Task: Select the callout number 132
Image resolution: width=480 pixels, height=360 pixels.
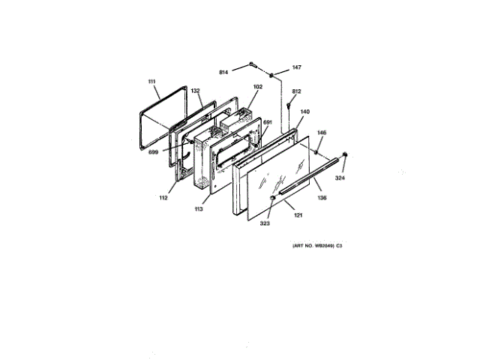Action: [x=196, y=91]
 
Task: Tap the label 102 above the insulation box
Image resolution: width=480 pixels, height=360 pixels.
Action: [x=257, y=86]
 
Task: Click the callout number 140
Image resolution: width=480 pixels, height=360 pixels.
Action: [x=304, y=112]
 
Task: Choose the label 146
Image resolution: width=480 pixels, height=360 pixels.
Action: [x=322, y=133]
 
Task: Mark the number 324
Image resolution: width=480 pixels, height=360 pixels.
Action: [x=341, y=178]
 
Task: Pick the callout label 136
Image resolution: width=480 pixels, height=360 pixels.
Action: [x=322, y=198]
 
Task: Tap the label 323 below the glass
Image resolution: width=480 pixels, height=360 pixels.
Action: [x=264, y=223]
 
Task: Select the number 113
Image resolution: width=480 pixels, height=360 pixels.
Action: [x=199, y=209]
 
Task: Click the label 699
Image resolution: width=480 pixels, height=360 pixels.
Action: [x=154, y=151]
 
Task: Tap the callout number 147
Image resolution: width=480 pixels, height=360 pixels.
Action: [x=297, y=67]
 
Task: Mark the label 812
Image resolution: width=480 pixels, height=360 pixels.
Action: [x=296, y=91]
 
